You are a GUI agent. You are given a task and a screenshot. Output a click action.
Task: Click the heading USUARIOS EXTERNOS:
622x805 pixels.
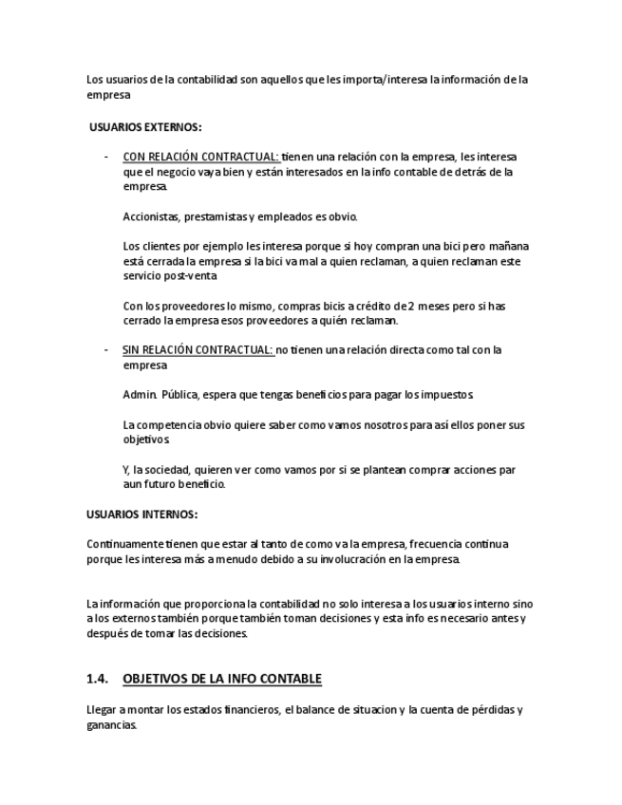click(144, 126)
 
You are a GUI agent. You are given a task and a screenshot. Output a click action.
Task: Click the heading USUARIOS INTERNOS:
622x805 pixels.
click(141, 515)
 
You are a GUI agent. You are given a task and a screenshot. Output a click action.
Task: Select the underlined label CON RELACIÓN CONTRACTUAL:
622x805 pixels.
click(200, 157)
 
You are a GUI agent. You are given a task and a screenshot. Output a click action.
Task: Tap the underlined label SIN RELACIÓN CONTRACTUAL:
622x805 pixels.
click(198, 350)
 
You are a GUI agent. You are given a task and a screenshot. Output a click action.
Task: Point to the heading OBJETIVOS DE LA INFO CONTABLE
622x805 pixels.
click(222, 679)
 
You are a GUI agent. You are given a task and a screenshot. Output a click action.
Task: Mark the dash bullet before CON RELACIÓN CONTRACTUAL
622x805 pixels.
click(106, 157)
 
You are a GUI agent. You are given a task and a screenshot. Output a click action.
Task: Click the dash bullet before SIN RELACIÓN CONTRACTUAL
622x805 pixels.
click(106, 350)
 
